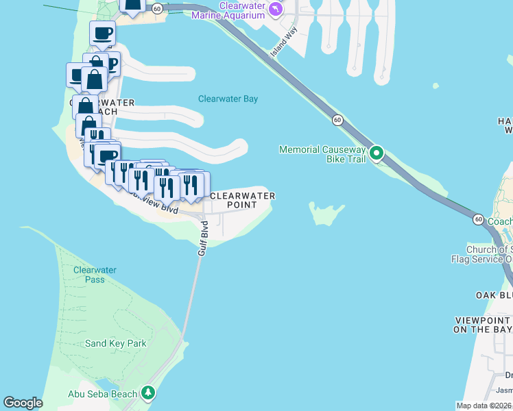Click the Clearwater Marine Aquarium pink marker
[x=275, y=9]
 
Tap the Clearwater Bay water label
[x=228, y=99]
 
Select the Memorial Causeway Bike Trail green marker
[x=377, y=153]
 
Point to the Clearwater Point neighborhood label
[x=242, y=200]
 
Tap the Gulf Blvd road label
[x=203, y=238]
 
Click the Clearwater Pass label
[x=90, y=275]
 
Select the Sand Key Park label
[x=116, y=343]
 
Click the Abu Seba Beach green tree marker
[x=147, y=393]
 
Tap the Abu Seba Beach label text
[x=102, y=394]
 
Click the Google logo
[x=23, y=403]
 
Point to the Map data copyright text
[x=484, y=406]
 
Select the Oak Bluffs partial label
[x=494, y=295]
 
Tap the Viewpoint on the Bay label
[x=484, y=325]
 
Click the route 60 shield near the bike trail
[x=337, y=120]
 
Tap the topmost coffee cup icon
[x=102, y=32]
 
